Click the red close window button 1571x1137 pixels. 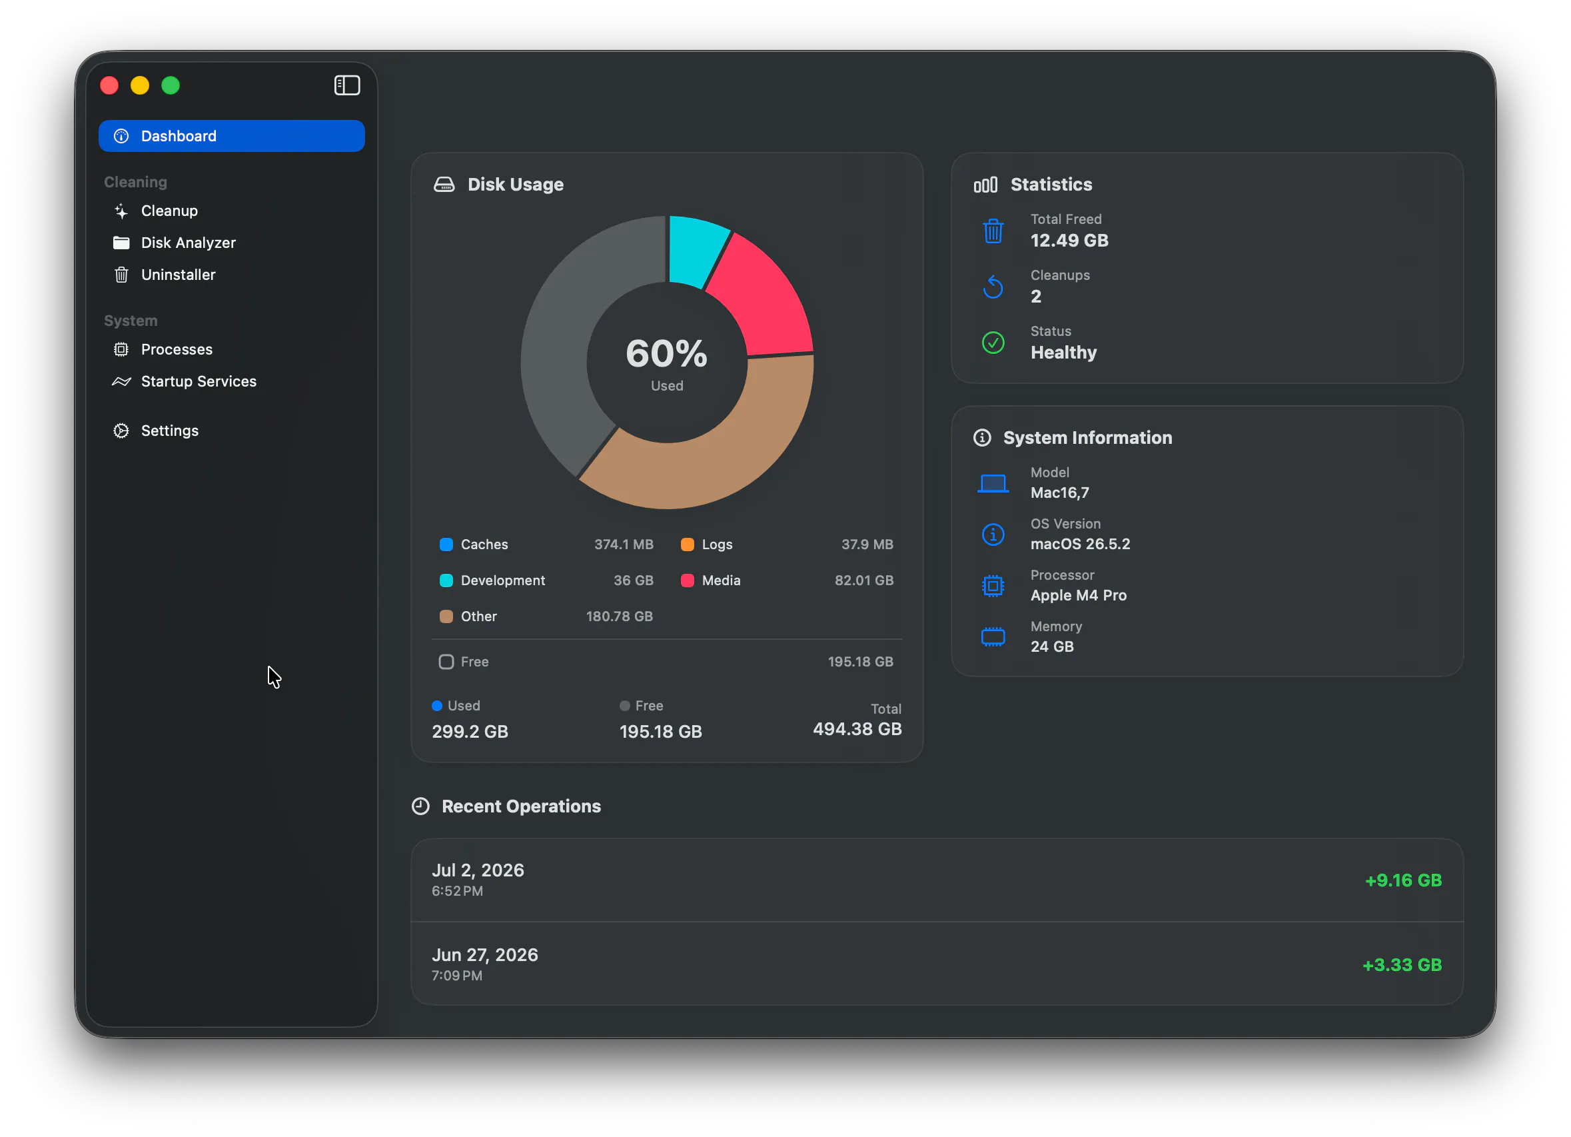coord(109,85)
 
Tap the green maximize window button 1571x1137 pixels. coord(171,85)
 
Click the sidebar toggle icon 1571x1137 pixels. coord(346,85)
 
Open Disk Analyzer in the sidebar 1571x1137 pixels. coord(188,243)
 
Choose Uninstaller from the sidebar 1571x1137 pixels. coord(178,275)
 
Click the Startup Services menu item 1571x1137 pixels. coord(198,381)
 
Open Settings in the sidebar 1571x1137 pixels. coord(169,431)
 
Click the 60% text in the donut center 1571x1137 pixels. coord(666,353)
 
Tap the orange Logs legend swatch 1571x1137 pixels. coord(687,545)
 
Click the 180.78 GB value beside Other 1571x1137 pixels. coord(619,616)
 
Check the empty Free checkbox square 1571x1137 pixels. coord(446,662)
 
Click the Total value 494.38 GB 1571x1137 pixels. coord(857,729)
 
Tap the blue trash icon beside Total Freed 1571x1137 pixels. coord(993,231)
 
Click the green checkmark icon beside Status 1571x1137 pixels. coord(993,343)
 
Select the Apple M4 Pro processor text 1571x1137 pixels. coord(1078,595)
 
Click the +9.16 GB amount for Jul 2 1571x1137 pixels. coord(1402,880)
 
